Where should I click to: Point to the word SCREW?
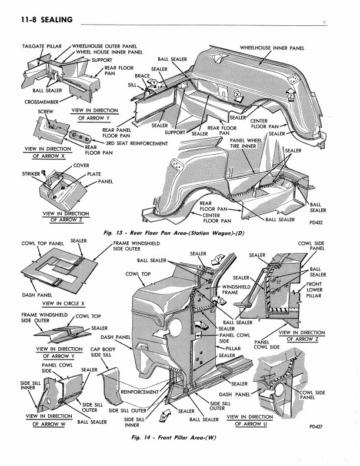pyautogui.click(x=45, y=111)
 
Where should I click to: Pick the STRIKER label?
pyautogui.click(x=31, y=174)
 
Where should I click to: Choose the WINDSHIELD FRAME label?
pyautogui.click(x=230, y=289)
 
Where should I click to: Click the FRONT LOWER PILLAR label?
pyautogui.click(x=314, y=290)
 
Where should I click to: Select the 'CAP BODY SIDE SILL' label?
pyautogui.click(x=104, y=351)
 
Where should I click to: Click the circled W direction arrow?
pyautogui.click(x=164, y=417)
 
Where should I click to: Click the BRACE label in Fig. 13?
pyautogui.click(x=142, y=76)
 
